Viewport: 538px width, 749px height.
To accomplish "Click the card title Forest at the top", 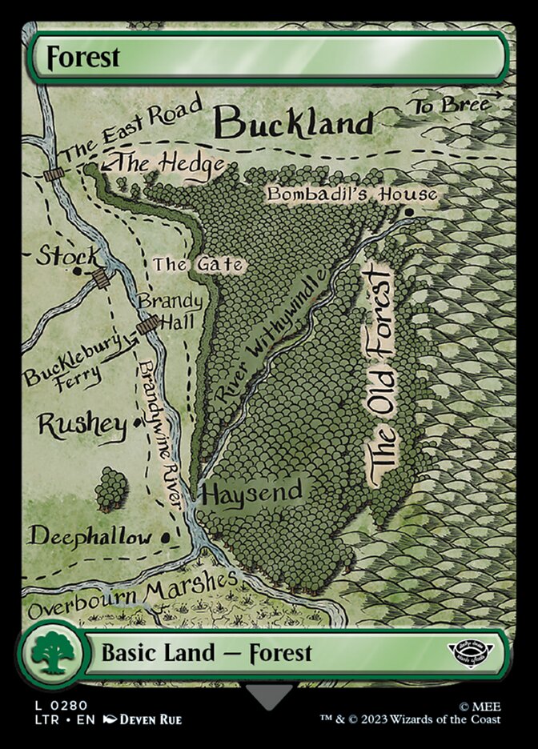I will point(83,58).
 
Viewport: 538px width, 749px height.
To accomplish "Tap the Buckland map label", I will point(295,123).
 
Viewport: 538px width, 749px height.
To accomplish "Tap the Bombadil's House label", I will point(352,194).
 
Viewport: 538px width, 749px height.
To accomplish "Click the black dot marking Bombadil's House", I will point(409,212).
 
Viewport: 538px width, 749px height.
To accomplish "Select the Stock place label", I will point(68,257).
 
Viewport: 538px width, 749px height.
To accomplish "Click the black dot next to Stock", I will point(77,271).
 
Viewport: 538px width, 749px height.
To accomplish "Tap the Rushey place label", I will point(82,426).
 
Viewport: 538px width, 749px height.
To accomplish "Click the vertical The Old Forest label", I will point(380,376).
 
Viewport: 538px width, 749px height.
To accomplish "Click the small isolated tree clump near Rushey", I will point(111,489).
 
